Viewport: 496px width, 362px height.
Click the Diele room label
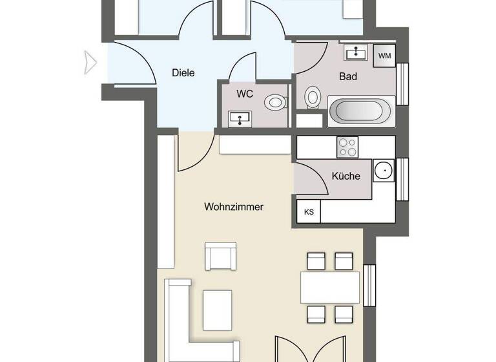pyautogui.click(x=183, y=73)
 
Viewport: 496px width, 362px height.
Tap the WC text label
pyautogui.click(x=244, y=94)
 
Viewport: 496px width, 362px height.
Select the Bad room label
pyautogui.click(x=348, y=76)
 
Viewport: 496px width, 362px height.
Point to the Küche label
pyautogui.click(x=346, y=175)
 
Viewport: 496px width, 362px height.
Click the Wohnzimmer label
pyautogui.click(x=234, y=208)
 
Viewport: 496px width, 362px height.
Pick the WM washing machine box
pyautogui.click(x=385, y=56)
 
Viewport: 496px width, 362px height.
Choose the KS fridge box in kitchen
pyautogui.click(x=308, y=212)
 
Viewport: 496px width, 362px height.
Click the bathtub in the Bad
pyautogui.click(x=361, y=111)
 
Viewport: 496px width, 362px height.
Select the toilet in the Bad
pyautogui.click(x=313, y=98)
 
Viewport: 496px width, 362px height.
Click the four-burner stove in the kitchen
pyautogui.click(x=348, y=147)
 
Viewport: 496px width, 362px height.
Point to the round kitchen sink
pyautogui.click(x=384, y=171)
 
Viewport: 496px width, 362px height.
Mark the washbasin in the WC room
pyautogui.click(x=240, y=118)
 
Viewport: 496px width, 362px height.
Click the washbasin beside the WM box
pyautogui.click(x=354, y=52)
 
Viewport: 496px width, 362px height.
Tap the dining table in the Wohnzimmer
pyautogui.click(x=329, y=287)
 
